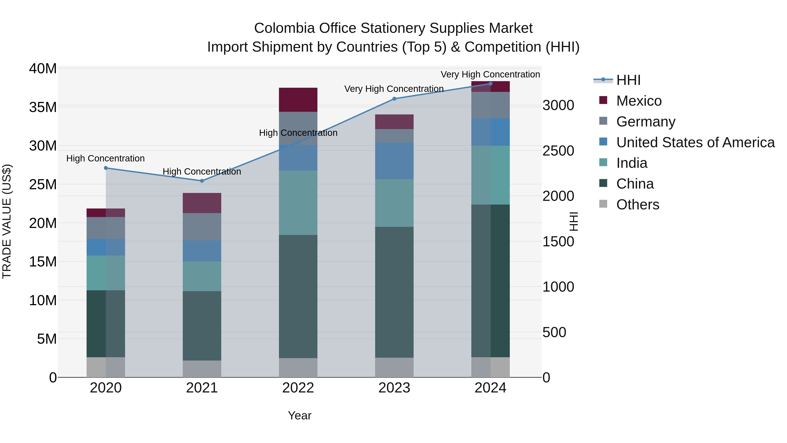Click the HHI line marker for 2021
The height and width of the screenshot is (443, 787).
coord(202,181)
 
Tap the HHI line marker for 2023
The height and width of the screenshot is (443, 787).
coord(394,99)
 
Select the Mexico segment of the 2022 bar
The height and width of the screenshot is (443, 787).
coord(298,100)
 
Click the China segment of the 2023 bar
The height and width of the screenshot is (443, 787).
coord(394,292)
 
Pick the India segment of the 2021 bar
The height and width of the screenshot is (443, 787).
coord(202,276)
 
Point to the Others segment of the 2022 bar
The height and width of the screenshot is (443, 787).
coord(298,368)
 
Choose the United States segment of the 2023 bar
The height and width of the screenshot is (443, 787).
coord(394,161)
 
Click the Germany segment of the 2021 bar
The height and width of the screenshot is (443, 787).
coord(202,227)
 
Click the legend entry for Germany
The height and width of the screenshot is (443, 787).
coord(646,122)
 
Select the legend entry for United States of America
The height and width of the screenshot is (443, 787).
coord(695,142)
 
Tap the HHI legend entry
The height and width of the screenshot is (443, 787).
coord(628,80)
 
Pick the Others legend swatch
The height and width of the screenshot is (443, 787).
coord(603,204)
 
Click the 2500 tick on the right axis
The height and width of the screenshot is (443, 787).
coord(558,151)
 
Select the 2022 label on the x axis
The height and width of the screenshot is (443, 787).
coord(298,388)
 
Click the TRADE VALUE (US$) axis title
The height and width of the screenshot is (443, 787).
coord(7,221)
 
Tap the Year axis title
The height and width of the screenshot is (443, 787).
coord(299,415)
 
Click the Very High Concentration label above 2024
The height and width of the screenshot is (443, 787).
coord(490,74)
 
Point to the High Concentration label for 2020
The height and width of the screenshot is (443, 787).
coord(105,158)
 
